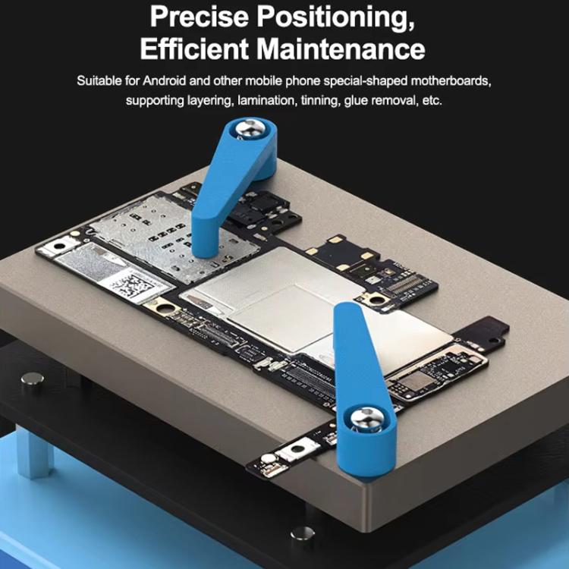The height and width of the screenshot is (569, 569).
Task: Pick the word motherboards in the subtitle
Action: (x=461, y=80)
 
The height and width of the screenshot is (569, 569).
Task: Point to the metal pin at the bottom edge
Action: (x=302, y=535)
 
